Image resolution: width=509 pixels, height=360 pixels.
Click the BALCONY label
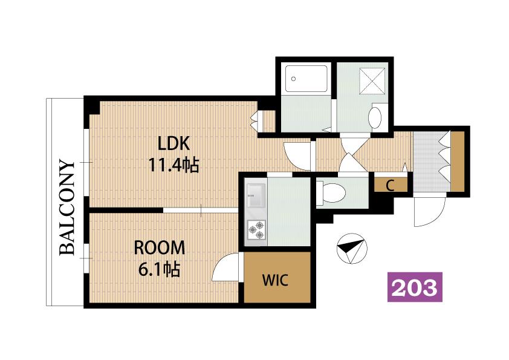67,208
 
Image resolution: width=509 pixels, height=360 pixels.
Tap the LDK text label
173,143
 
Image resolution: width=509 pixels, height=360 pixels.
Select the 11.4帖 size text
173,165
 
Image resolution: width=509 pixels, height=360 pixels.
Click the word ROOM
160,248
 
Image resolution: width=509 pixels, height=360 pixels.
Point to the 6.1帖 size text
160,269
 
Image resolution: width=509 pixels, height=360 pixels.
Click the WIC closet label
275,280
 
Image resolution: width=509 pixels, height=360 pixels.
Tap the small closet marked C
391,185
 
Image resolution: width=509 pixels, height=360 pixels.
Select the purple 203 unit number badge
415,287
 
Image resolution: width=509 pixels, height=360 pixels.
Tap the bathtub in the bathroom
306,79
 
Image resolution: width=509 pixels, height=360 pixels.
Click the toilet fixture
331,192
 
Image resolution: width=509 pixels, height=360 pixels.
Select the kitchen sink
256,195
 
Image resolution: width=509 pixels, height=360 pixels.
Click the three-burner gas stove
256,230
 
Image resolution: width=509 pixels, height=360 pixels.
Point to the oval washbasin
375,117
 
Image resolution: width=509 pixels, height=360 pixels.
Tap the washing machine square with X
372,81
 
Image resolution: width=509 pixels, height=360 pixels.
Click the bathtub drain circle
293,79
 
